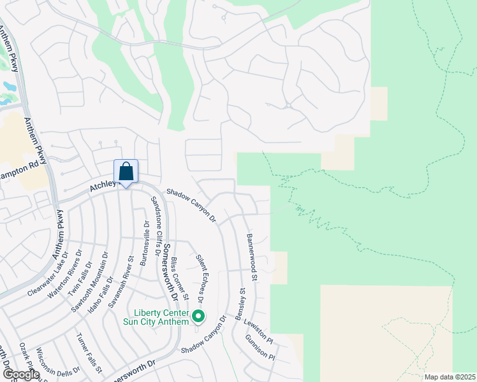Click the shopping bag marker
tap(126, 172)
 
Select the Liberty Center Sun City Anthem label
tap(161, 317)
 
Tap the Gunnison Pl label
tap(259, 347)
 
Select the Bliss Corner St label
tap(180, 279)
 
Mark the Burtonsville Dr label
tap(144, 243)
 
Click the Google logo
tap(21, 374)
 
